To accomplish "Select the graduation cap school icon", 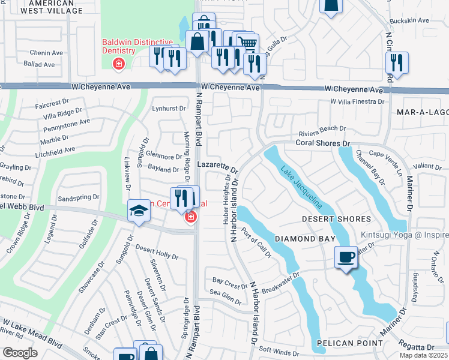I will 139,211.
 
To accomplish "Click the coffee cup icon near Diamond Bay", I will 346,257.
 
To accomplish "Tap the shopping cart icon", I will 247,41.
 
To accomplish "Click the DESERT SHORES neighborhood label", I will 336,219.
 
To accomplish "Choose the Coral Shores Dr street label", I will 322,143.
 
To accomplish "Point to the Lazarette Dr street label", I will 217,164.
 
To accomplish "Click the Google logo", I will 20,352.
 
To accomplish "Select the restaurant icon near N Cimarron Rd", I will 397,62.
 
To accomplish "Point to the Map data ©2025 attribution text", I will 423,355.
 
